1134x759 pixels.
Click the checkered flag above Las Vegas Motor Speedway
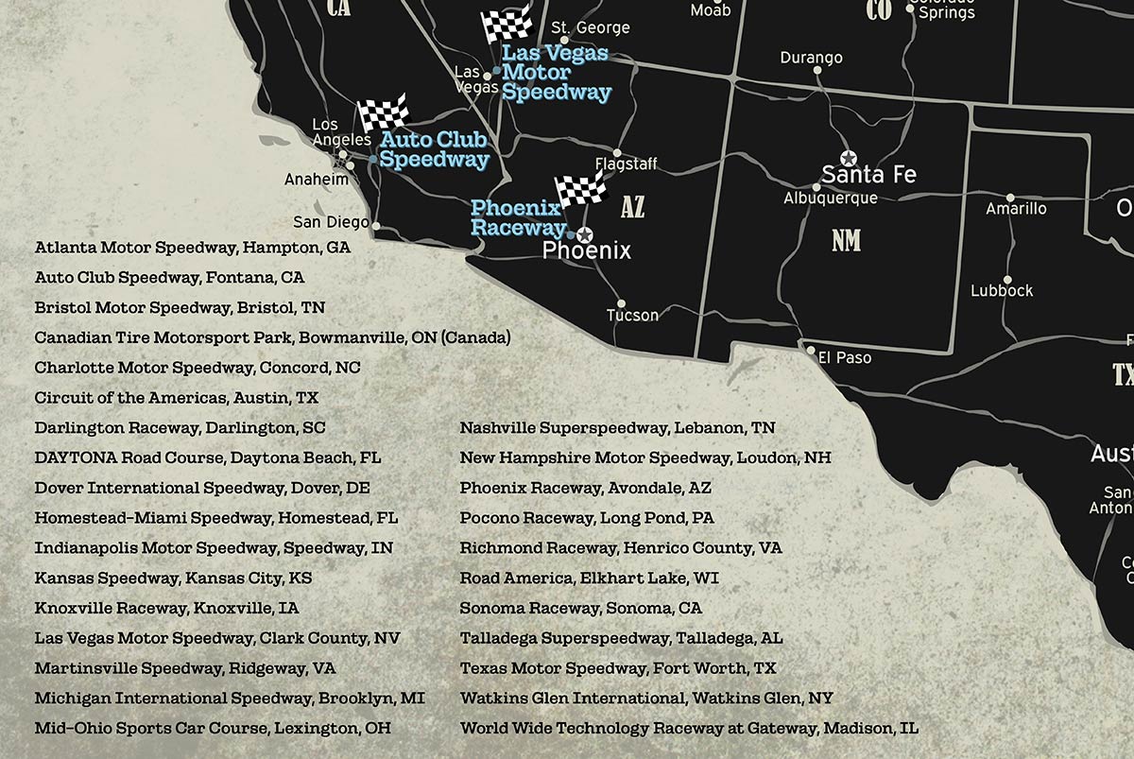[x=506, y=26]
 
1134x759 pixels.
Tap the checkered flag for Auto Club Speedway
[x=383, y=112]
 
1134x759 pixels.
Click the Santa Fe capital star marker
[x=848, y=158]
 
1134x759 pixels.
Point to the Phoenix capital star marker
[x=584, y=233]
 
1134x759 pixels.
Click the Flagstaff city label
[x=626, y=164]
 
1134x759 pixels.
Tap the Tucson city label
[x=632, y=315]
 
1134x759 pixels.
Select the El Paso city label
[x=845, y=358]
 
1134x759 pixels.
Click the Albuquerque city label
[x=830, y=198]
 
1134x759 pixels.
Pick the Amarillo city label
[x=1016, y=208]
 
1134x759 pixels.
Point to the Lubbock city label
[x=1002, y=291]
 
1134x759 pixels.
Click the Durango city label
[x=811, y=59]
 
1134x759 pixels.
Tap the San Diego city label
[x=331, y=222]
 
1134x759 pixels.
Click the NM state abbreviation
[x=846, y=241]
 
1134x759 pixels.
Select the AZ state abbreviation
[x=632, y=207]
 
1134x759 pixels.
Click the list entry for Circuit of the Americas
[x=177, y=398]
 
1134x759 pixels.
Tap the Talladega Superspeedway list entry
[x=621, y=638]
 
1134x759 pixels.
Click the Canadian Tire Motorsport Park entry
[x=272, y=337]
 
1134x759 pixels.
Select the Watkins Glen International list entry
[x=646, y=699]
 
